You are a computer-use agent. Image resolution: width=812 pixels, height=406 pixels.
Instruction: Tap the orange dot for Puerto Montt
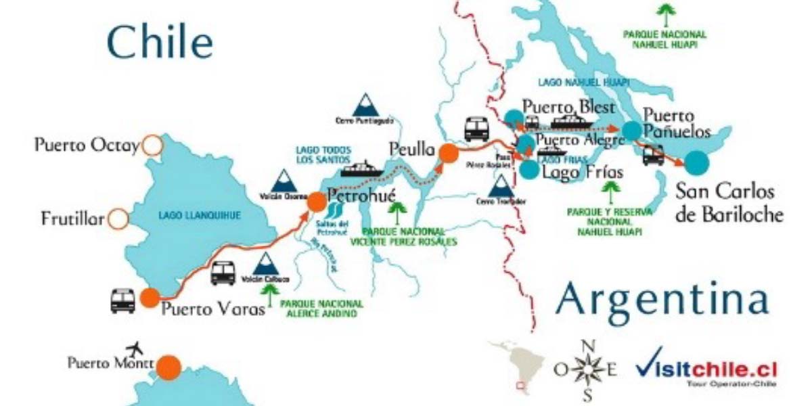168,367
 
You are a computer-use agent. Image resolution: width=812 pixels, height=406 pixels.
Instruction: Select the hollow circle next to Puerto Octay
152,145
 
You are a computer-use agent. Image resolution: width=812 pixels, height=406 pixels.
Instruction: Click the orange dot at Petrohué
316,201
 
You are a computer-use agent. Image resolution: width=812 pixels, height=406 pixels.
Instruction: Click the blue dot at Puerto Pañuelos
632,131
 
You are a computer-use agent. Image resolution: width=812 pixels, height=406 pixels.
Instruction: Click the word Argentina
661,298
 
